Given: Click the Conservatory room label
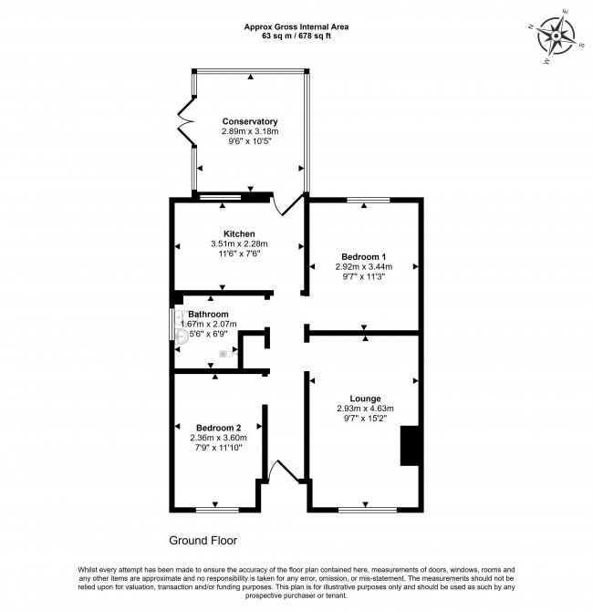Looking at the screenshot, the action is point(250,121).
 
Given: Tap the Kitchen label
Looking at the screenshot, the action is point(239,233).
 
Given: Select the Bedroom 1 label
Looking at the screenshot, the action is point(363,257).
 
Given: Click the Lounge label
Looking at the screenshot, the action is point(365,399).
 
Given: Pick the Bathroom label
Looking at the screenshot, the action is point(208,314).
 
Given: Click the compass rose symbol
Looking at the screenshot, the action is point(556,37).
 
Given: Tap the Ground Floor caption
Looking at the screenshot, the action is point(203,541).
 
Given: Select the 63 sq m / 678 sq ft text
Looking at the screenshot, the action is point(296,36).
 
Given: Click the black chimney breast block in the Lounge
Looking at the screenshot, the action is point(410,446).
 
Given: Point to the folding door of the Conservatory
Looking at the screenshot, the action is point(186,121).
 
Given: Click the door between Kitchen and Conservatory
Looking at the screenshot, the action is point(287,203).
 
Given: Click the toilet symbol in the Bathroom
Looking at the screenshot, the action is point(228,354).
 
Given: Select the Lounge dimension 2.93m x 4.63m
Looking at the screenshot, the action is point(365,409).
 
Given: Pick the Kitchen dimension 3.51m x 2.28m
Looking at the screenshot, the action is point(239,243).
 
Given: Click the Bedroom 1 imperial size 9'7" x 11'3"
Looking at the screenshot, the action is point(363,276).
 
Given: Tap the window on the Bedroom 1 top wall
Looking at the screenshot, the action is point(369,201).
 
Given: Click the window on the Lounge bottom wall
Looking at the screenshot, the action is point(368,510).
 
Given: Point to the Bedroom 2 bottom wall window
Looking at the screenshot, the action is point(217,510).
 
